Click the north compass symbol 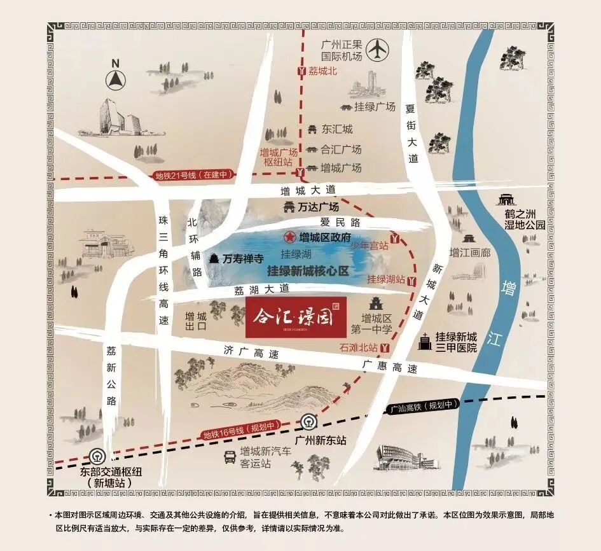(x=116, y=78)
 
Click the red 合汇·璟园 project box (x=296, y=316)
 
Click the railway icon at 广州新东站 (x=307, y=422)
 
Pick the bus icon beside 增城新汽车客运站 (x=230, y=456)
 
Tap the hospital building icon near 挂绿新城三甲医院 (x=423, y=342)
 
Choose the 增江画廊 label (x=471, y=253)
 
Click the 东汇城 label (x=337, y=129)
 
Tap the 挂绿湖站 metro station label (x=386, y=279)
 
